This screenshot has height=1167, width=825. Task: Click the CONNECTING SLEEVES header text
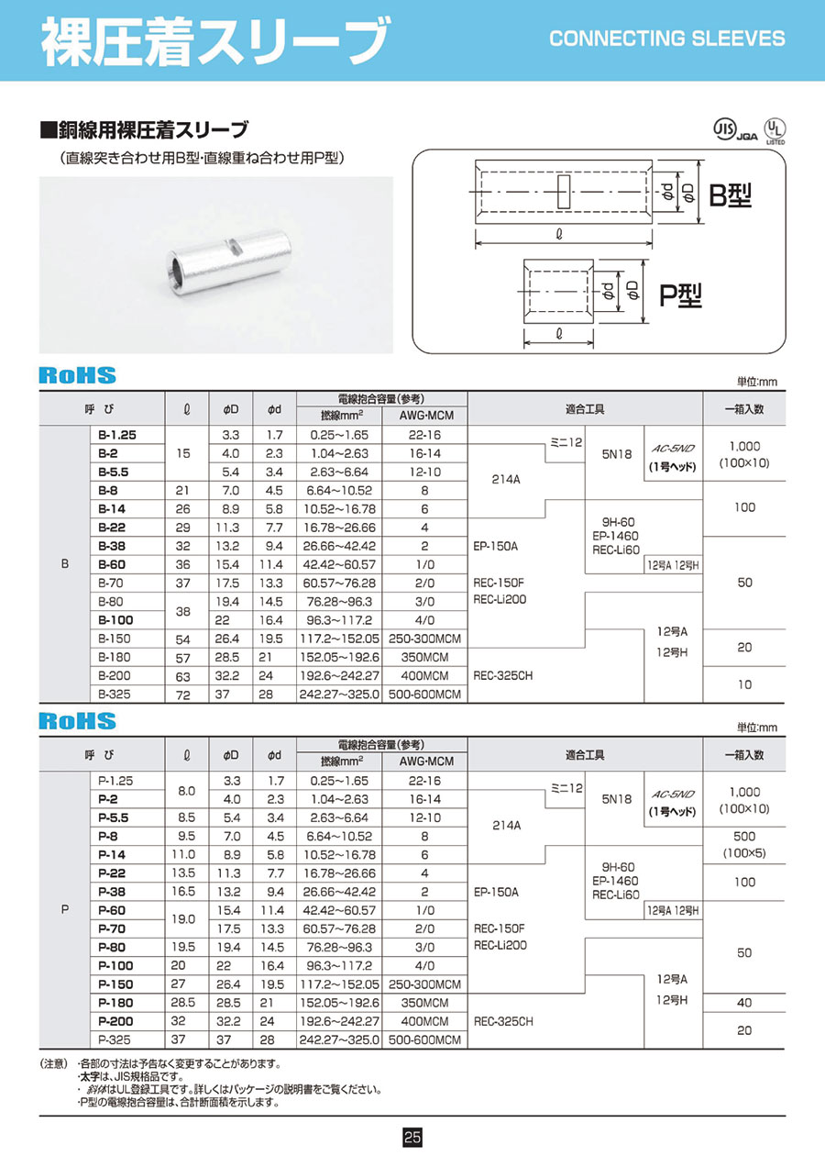(x=666, y=39)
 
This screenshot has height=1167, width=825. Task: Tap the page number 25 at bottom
(x=412, y=1138)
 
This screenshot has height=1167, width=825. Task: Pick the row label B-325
(x=115, y=695)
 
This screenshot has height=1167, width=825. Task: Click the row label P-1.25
(x=115, y=780)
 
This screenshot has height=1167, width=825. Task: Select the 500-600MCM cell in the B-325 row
(x=424, y=695)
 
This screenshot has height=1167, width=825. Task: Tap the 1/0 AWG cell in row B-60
(x=424, y=564)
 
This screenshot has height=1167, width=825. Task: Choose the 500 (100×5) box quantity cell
(x=743, y=845)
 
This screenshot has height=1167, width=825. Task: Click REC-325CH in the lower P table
(x=503, y=1020)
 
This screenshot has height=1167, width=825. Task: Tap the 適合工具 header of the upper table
(x=584, y=408)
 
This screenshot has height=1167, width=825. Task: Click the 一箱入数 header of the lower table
(x=743, y=755)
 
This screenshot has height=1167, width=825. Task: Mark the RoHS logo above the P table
(x=77, y=721)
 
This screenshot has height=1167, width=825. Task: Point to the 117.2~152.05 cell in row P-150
(x=338, y=984)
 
